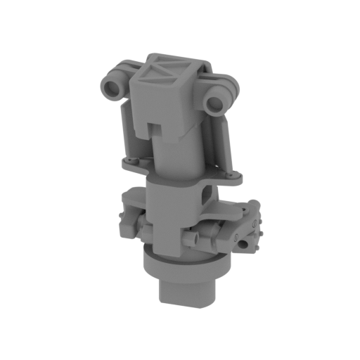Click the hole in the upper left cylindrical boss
110,89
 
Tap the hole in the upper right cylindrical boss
214,105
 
